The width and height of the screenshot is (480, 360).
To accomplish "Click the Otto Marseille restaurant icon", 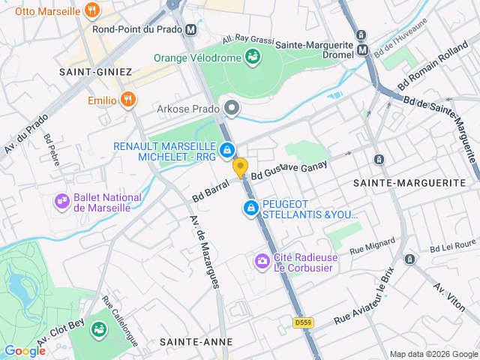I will (x=91, y=10).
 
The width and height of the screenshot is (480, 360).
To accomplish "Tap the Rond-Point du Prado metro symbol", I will (x=191, y=30).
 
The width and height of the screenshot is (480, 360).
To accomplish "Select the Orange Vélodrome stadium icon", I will (x=253, y=57).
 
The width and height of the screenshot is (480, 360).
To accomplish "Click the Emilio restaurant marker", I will (x=129, y=100).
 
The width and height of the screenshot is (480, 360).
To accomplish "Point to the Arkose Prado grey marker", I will (x=232, y=109).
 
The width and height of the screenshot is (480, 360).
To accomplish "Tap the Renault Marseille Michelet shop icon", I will (x=226, y=150).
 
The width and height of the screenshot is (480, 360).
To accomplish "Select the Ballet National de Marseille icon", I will (x=61, y=201).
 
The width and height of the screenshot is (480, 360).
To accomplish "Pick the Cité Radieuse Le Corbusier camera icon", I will (x=262, y=261).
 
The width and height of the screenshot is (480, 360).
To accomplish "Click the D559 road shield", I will (x=302, y=322).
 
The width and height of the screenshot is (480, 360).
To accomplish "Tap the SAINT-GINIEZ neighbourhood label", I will (x=95, y=72).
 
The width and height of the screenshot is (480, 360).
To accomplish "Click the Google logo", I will (x=25, y=350).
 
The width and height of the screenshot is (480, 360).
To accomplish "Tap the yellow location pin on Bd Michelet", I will (x=240, y=168).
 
